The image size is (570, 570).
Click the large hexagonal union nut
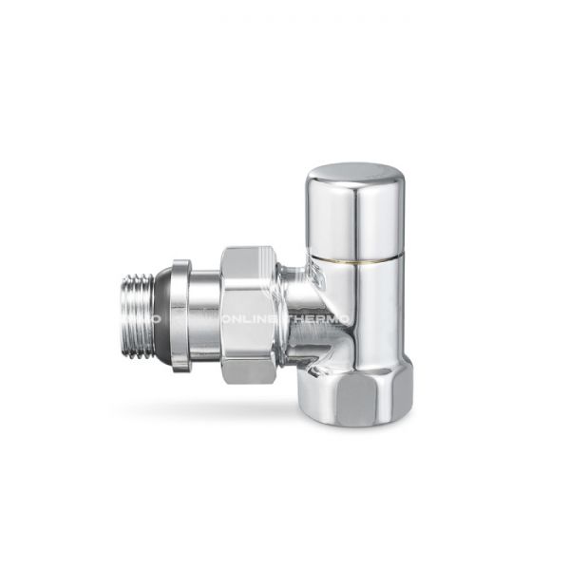[248, 313]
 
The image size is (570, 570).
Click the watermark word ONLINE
[248, 319]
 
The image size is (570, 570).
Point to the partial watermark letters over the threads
[154, 319]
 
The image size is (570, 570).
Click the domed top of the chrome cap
[355, 174]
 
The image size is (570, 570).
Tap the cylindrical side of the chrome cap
[355, 214]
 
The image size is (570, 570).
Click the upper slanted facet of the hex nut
[248, 259]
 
